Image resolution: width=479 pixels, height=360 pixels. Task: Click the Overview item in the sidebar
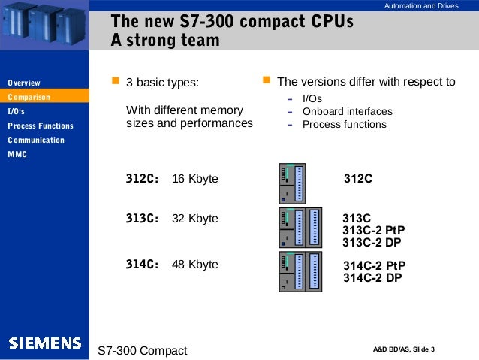pos(24,83)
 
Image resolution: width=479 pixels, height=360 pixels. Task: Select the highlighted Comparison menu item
pos(29,97)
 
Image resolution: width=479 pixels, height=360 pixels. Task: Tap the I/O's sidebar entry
pos(17,111)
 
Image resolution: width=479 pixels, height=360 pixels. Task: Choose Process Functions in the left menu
pos(41,126)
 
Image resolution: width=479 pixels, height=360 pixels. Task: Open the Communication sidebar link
pos(36,140)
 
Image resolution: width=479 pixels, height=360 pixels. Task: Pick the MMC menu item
pos(17,154)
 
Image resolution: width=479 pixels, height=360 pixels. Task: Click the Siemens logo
pos(45,343)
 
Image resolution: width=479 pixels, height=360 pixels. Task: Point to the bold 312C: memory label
pos(142,180)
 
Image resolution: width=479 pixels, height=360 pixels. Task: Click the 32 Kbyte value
pos(195,219)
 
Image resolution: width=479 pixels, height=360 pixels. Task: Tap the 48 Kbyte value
pos(195,264)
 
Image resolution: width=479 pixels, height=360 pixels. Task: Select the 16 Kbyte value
pos(195,180)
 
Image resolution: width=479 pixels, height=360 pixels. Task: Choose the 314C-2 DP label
pos(372,277)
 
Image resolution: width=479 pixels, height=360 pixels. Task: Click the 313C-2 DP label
pos(372,242)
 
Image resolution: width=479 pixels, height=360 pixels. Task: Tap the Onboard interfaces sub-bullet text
pos(347,112)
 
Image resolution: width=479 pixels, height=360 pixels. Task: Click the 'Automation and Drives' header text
pos(420,7)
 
